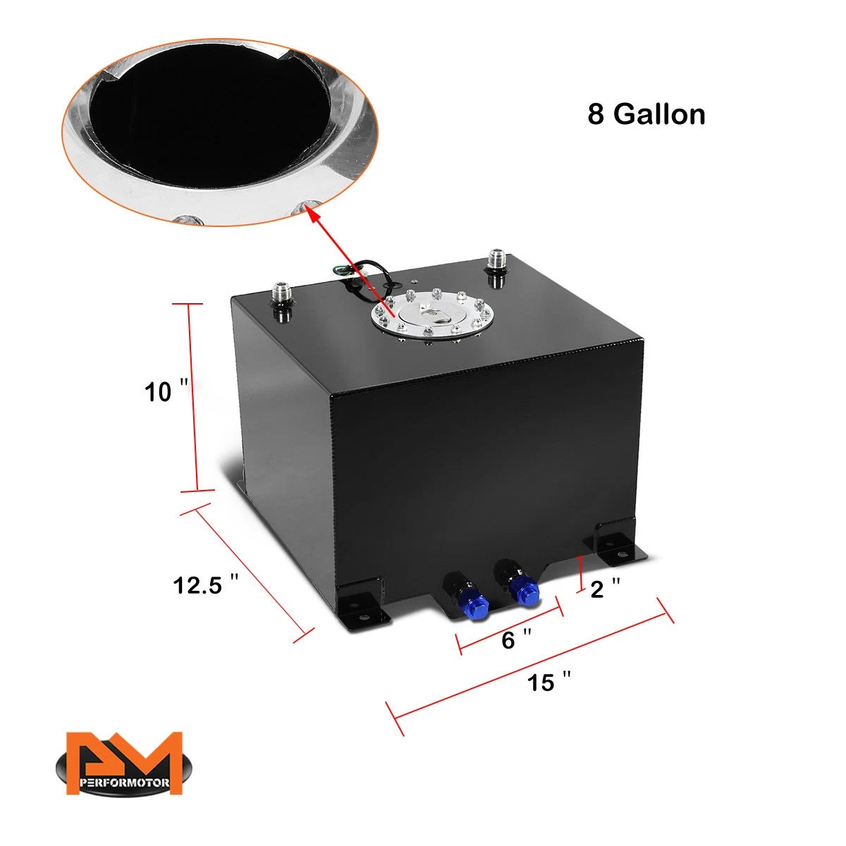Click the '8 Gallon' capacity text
point(646,115)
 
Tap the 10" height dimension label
point(166,391)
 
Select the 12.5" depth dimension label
point(205,584)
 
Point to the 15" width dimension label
point(548,682)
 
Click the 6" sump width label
point(516,639)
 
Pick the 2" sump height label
point(605,589)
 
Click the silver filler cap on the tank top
point(431,317)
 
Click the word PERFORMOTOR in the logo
point(124,783)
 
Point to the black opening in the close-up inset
point(210,118)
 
